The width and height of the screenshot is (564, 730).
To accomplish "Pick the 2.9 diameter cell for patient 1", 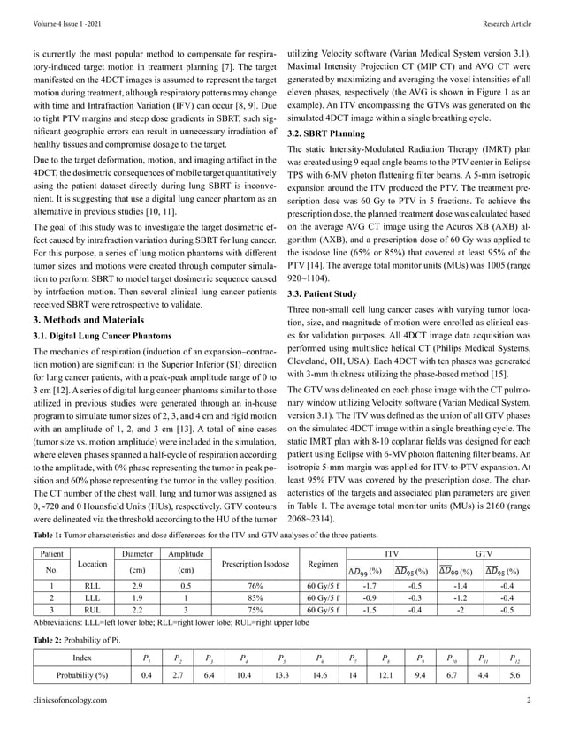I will (x=137, y=585).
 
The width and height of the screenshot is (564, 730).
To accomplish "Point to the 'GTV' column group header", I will (x=483, y=553).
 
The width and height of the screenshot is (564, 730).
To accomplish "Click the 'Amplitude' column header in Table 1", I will (x=186, y=553).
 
